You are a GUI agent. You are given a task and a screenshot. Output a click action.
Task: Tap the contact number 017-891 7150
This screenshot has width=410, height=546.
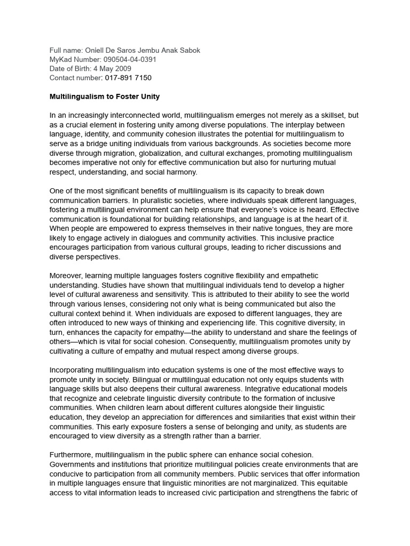(x=128, y=78)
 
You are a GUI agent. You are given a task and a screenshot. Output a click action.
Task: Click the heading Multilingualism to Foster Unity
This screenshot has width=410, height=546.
(x=105, y=97)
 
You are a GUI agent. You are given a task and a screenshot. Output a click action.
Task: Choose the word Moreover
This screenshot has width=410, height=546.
(x=67, y=276)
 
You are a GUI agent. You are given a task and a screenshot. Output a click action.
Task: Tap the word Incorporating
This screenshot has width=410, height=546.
(x=72, y=370)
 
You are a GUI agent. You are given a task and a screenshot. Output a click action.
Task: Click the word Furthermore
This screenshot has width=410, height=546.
(x=72, y=454)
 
